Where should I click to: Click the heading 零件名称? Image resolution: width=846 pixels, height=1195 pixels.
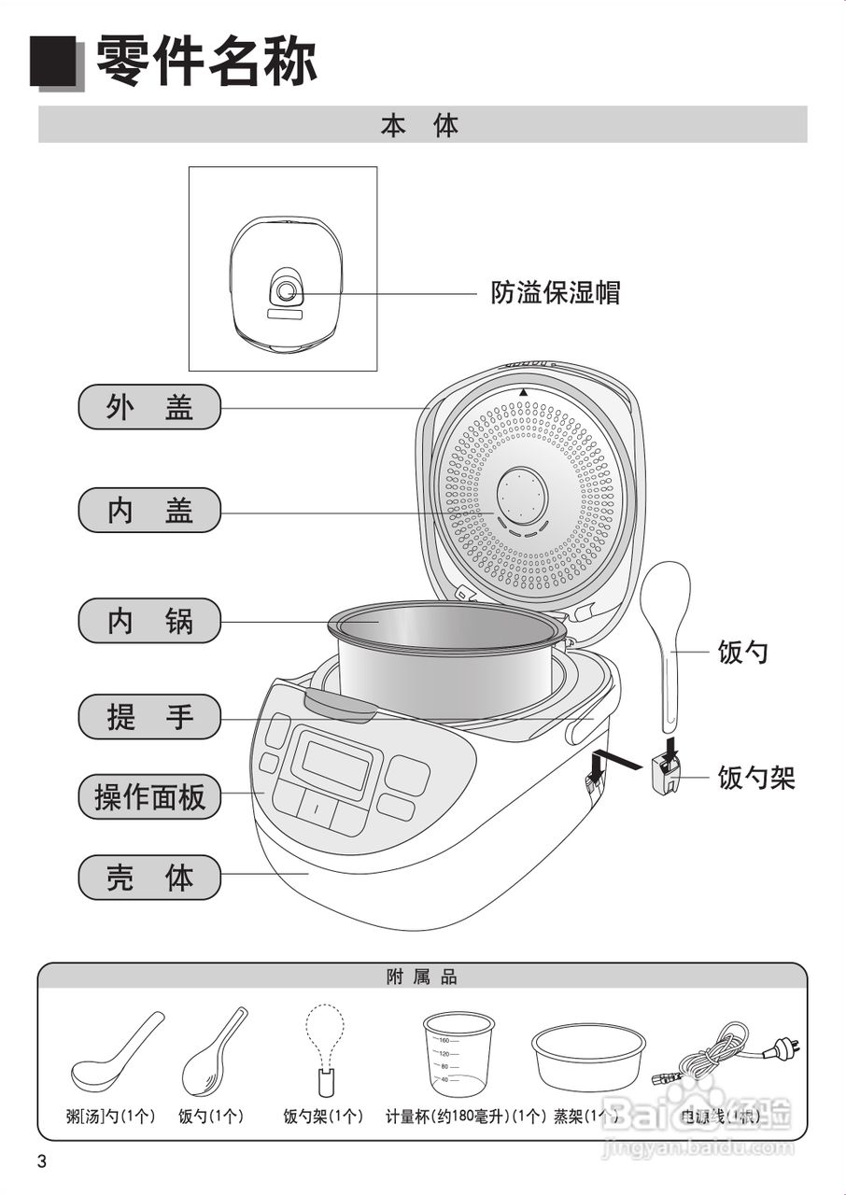(206, 62)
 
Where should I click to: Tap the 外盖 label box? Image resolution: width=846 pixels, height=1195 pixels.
(149, 407)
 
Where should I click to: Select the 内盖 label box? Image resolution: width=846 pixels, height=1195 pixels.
(149, 511)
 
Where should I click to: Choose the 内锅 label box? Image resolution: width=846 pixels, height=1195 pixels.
(149, 621)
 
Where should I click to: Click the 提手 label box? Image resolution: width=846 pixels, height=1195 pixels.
(149, 717)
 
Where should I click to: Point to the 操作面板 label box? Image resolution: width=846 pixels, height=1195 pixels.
(149, 797)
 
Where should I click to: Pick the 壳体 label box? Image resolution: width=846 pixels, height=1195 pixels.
(149, 878)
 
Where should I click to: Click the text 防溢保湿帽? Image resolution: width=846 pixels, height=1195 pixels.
(556, 292)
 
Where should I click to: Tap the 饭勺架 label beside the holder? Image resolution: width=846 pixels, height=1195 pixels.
(756, 778)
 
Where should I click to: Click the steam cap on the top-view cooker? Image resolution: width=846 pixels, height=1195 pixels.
(286, 292)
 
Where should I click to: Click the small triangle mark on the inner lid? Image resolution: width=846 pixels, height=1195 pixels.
(524, 392)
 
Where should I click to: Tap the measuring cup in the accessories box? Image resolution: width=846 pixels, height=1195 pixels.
(458, 1055)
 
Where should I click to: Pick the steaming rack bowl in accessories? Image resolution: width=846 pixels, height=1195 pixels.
(588, 1055)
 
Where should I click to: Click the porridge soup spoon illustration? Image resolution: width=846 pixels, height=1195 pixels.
(116, 1055)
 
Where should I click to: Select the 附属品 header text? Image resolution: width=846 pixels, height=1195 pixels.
(422, 977)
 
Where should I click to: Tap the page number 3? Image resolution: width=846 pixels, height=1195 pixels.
(41, 1161)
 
